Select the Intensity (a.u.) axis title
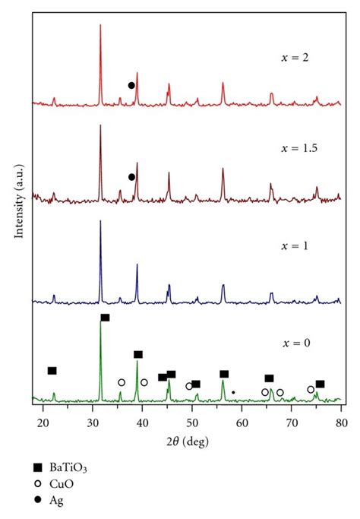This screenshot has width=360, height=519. point(17,205)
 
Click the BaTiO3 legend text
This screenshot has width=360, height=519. point(74,466)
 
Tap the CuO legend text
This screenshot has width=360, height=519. point(66,483)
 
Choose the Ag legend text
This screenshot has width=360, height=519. point(62,500)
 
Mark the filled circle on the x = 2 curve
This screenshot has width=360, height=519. point(131,85)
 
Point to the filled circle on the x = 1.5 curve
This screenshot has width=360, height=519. point(131,177)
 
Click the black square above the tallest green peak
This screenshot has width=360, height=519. point(105,318)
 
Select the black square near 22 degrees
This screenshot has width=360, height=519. point(52,371)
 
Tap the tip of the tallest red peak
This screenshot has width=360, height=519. point(100,25)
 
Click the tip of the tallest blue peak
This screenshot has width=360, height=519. point(100,222)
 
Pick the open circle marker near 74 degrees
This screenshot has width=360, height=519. point(311,390)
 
